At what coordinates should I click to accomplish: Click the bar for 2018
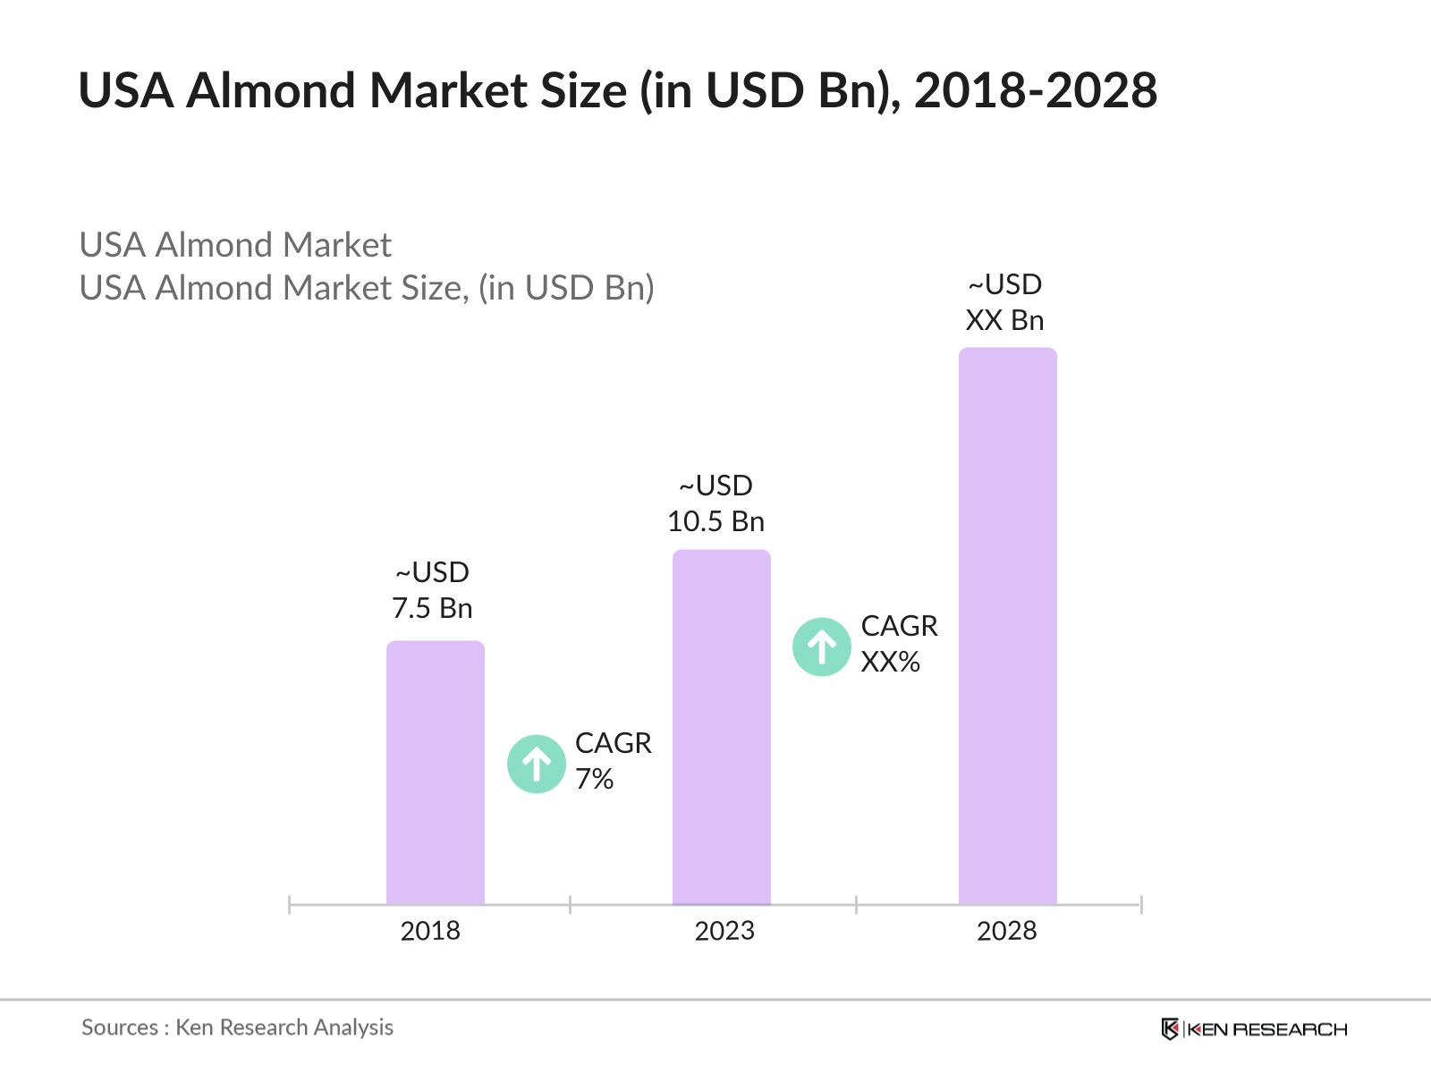435,773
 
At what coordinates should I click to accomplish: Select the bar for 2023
721,728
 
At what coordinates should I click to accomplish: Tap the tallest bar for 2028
1007,626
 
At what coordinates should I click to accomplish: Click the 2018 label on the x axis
430,931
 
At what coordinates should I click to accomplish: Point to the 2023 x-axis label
724,931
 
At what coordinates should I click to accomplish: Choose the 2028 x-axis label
1006,931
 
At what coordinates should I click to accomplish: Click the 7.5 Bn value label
432,608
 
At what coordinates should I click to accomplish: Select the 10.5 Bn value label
715,521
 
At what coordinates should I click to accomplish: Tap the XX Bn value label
1004,320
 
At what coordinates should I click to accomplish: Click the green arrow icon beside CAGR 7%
536,765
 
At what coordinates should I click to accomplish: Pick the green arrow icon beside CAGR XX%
821,646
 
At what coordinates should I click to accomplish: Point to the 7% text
594,780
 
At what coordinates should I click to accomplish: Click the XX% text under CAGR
890,663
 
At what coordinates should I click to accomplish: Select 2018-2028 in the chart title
1035,91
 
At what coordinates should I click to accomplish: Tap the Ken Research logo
1254,1029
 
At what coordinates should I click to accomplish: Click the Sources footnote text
237,1027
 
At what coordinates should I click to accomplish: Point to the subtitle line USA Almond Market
235,245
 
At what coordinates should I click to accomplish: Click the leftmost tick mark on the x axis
290,905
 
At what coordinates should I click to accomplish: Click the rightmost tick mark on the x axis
1141,905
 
